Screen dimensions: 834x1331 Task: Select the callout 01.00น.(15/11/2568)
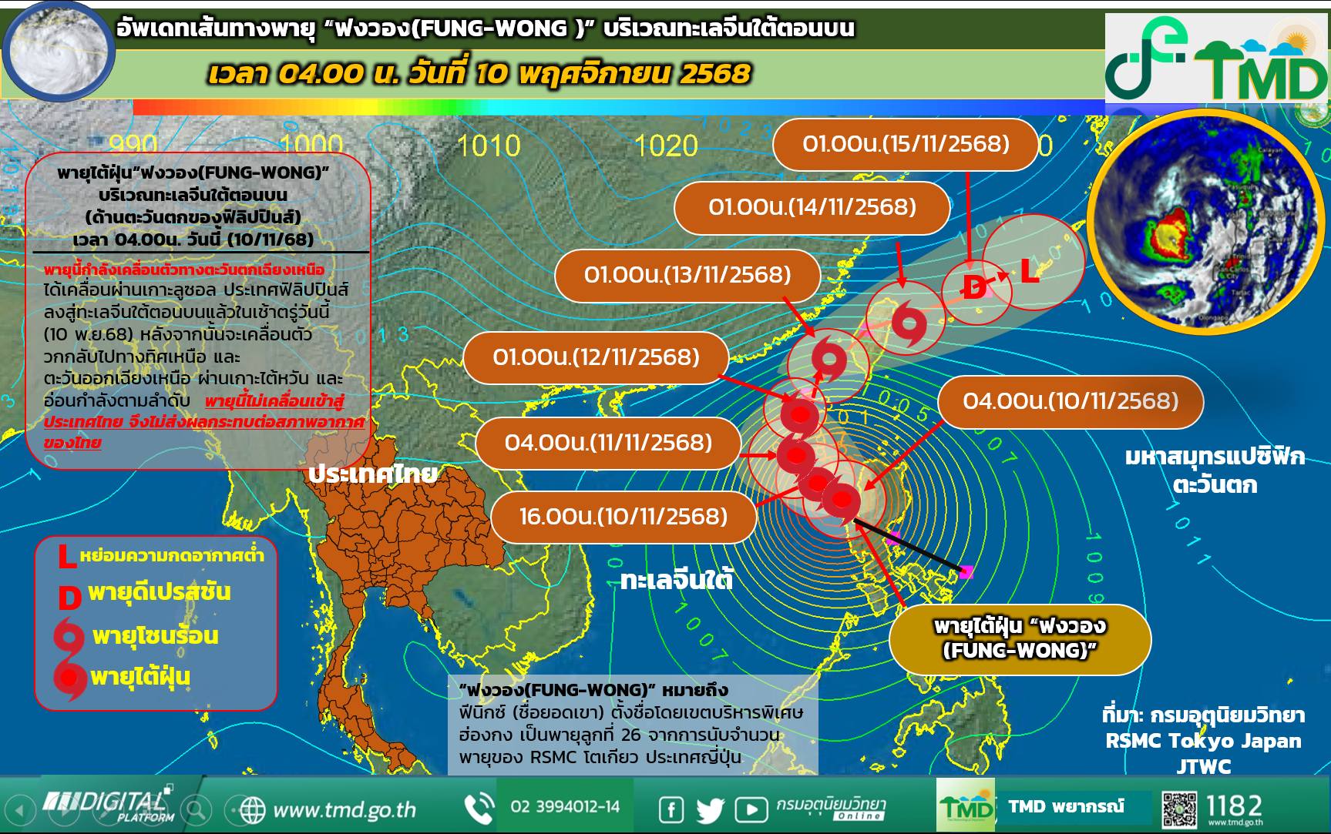[906, 144]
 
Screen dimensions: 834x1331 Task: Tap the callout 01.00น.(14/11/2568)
[812, 207]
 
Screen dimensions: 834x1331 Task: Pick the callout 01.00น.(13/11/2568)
[687, 275]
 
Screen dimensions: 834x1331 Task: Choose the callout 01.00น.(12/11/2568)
[597, 357]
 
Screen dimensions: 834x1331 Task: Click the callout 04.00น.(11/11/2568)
[608, 443]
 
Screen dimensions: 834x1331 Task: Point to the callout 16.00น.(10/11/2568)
[623, 516]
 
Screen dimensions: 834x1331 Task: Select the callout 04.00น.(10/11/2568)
[1071, 401]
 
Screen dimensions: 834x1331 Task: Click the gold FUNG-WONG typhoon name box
[1020, 638]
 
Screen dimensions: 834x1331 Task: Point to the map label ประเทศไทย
[372, 474]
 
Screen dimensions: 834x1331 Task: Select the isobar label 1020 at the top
[666, 146]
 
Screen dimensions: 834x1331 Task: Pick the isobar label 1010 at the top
[489, 146]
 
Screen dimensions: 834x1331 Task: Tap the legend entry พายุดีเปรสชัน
[158, 593]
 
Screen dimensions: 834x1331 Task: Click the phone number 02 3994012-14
[565, 806]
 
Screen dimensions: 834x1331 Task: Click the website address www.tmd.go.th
[344, 810]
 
